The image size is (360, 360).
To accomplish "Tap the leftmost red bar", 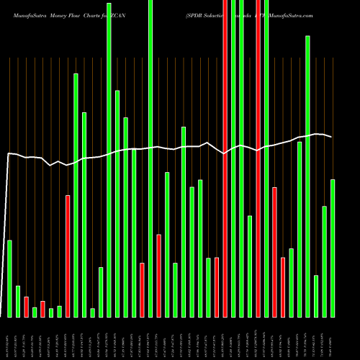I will [27, 307].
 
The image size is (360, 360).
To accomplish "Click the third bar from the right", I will [316, 296].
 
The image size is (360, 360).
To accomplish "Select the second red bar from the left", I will [43, 309].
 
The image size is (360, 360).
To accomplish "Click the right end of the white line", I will [332, 137].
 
